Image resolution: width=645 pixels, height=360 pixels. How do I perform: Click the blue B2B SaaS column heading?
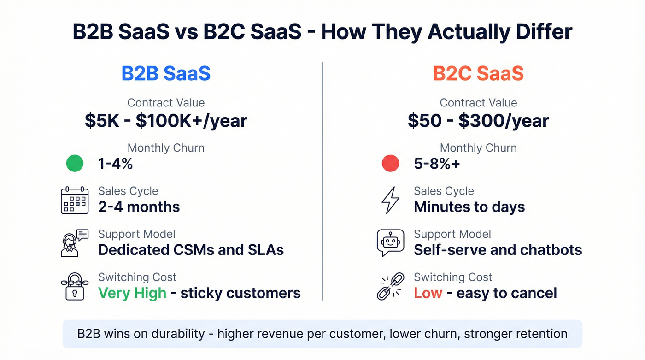(x=166, y=74)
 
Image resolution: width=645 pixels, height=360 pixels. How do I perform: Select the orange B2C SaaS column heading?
(x=478, y=74)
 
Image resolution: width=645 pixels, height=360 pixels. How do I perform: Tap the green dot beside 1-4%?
(x=75, y=164)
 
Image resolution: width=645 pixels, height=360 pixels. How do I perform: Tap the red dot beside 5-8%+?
(x=390, y=164)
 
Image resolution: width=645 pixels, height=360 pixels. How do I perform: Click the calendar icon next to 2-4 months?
(x=75, y=200)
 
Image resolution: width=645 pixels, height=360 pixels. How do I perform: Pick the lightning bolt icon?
(x=390, y=200)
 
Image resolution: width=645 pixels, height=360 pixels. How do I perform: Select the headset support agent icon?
(x=74, y=243)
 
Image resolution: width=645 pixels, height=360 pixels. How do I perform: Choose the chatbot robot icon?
(x=390, y=243)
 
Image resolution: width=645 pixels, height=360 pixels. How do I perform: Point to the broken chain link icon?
(x=390, y=286)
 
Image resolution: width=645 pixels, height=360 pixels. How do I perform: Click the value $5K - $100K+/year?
(x=166, y=121)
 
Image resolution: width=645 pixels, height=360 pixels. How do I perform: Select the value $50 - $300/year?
(x=478, y=121)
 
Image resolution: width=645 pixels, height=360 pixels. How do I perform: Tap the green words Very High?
(x=132, y=293)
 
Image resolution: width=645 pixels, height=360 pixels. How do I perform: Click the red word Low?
(x=428, y=293)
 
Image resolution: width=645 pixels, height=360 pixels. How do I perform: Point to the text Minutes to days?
(x=469, y=207)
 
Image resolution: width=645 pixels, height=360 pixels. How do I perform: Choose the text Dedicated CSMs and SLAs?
(x=191, y=250)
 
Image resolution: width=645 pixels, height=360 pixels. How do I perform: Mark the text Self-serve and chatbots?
(x=498, y=250)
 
